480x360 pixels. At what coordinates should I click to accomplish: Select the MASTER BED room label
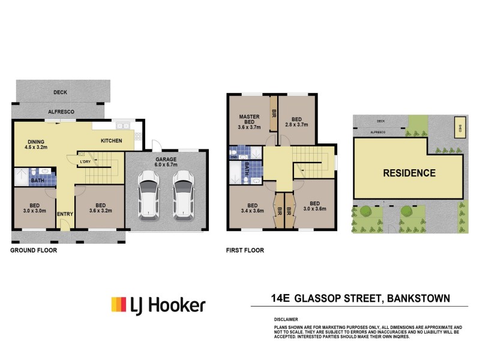click(248, 122)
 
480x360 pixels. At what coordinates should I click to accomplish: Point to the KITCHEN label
click(111, 140)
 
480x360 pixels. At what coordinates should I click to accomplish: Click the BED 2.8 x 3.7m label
click(296, 121)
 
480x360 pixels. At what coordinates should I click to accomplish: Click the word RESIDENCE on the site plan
click(409, 173)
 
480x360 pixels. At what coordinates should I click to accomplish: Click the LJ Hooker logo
click(158, 305)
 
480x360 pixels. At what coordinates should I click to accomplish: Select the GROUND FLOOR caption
click(34, 250)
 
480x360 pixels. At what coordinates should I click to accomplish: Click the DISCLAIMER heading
click(286, 319)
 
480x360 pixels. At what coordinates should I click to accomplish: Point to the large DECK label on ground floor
click(60, 92)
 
